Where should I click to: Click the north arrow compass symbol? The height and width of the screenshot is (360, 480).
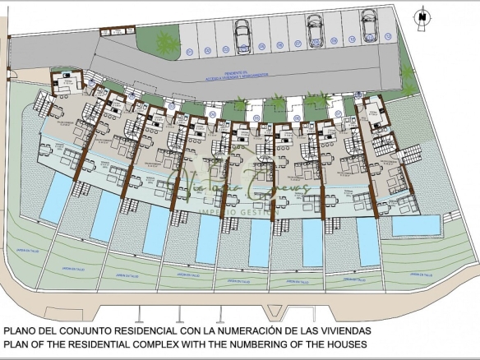pos(422,14)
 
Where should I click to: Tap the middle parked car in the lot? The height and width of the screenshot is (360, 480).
pos(313,30)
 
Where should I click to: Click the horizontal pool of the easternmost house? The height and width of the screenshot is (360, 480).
pos(415,224)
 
